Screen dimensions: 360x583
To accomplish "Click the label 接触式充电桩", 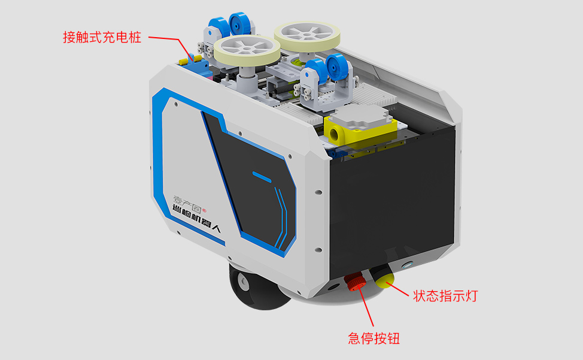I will tap(102, 37).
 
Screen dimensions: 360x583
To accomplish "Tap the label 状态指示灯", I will tap(445, 295).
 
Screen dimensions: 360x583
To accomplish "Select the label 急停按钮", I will tap(374, 338).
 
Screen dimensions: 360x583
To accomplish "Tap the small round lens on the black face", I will tap(409, 264).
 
